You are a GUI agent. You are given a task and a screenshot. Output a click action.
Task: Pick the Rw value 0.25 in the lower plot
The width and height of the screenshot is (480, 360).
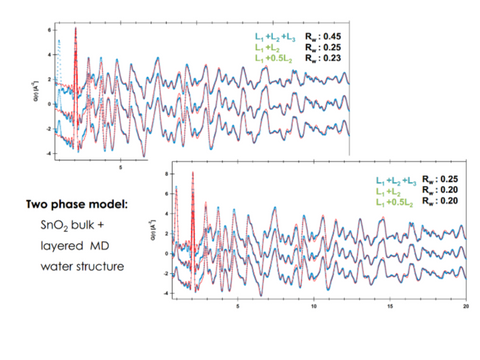[449, 176]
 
